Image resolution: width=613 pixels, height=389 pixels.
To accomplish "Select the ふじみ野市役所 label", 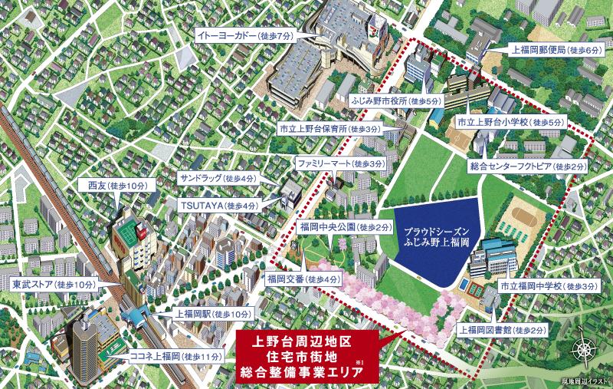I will (x=396, y=101).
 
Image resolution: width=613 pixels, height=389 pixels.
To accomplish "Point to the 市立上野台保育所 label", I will (x=329, y=130).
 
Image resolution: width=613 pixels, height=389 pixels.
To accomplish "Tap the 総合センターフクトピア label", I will (x=528, y=166).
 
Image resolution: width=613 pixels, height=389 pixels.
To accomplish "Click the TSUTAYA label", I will (x=220, y=206).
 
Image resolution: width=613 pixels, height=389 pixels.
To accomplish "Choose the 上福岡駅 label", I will (x=202, y=315).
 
